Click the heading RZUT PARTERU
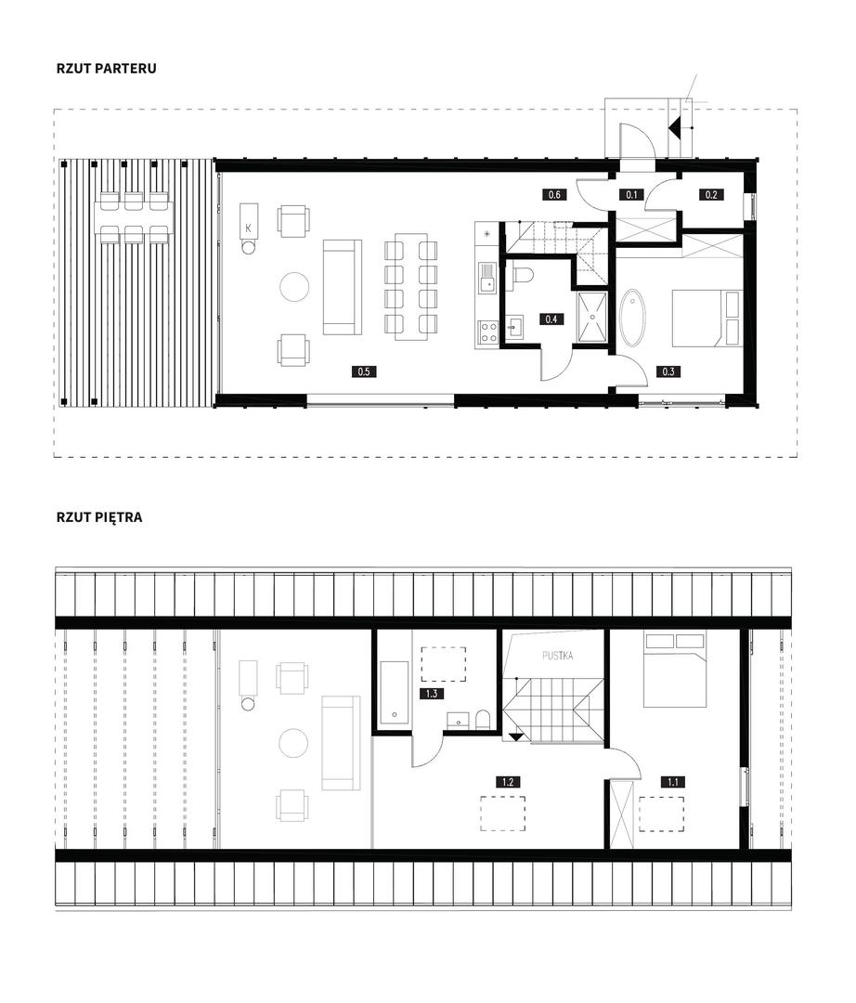click(106, 69)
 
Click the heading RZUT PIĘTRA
click(99, 517)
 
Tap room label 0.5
click(364, 371)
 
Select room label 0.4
click(551, 319)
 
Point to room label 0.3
click(668, 371)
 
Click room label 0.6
click(554, 194)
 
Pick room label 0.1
click(631, 194)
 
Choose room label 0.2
click(711, 194)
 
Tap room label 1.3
click(432, 694)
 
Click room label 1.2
click(508, 782)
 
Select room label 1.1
click(673, 782)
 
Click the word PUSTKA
click(557, 656)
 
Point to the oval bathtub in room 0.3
click(633, 318)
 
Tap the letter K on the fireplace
click(248, 228)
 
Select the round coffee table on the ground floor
click(294, 287)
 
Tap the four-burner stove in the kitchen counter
click(489, 332)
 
